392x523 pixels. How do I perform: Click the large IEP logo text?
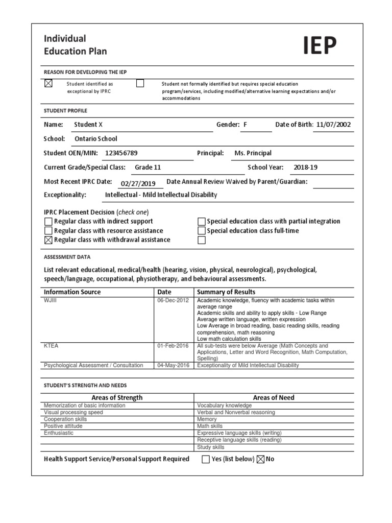coord(320,45)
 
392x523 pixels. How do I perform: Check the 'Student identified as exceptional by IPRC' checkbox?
coord(48,83)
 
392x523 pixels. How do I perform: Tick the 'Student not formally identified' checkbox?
coord(140,83)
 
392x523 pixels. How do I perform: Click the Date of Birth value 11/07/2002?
coord(333,125)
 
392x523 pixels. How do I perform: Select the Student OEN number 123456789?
coord(121,153)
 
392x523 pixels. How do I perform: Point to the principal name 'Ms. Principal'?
coord(253,153)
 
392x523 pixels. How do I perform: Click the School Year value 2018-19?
coord(305,167)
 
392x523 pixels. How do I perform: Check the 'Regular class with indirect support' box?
coord(48,222)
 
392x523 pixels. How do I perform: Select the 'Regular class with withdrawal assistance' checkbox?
coord(48,240)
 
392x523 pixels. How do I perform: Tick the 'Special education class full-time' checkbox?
coord(202,231)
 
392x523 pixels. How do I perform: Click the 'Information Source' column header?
coord(72,292)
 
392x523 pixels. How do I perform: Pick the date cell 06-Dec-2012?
coord(173,300)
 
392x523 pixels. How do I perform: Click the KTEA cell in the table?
coord(52,346)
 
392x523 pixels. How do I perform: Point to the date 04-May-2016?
coord(173,365)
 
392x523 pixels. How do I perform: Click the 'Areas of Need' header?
coord(274,397)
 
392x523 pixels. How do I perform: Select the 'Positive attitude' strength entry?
coord(63,426)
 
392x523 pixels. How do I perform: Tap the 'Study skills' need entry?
coord(211,447)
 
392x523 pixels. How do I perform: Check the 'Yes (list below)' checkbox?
coord(206,459)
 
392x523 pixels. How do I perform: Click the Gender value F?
coord(246,125)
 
